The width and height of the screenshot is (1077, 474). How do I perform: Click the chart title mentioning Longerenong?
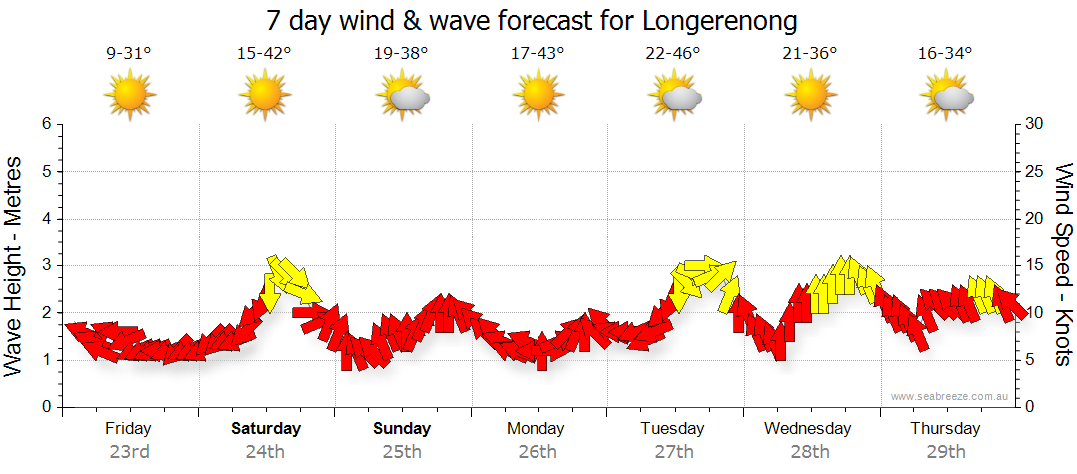533,20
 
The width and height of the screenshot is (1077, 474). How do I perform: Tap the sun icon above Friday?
130,96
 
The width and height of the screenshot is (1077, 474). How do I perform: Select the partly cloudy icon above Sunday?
402,97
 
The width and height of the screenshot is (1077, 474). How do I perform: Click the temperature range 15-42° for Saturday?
264,55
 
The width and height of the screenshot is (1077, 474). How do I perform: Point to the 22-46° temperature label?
673,55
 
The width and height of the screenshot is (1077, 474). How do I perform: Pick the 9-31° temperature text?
129,55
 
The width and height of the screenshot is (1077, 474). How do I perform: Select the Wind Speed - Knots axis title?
1062,264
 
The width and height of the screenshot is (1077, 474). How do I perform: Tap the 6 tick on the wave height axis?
45,124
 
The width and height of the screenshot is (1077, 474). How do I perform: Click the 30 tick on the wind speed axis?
1034,124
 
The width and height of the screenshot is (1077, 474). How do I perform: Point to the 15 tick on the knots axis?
1034,265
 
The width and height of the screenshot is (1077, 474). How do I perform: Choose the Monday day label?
537,428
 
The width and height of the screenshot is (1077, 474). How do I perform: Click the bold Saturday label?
265,428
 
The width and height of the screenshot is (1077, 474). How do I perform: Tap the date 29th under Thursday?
945,451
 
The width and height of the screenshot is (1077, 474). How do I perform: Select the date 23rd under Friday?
129,451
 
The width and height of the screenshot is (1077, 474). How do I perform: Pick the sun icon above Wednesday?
810,96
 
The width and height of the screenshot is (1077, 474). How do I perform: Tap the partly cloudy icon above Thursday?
946,97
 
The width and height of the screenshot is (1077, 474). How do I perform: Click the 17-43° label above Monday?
538,55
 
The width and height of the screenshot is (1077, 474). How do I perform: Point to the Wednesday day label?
808,428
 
